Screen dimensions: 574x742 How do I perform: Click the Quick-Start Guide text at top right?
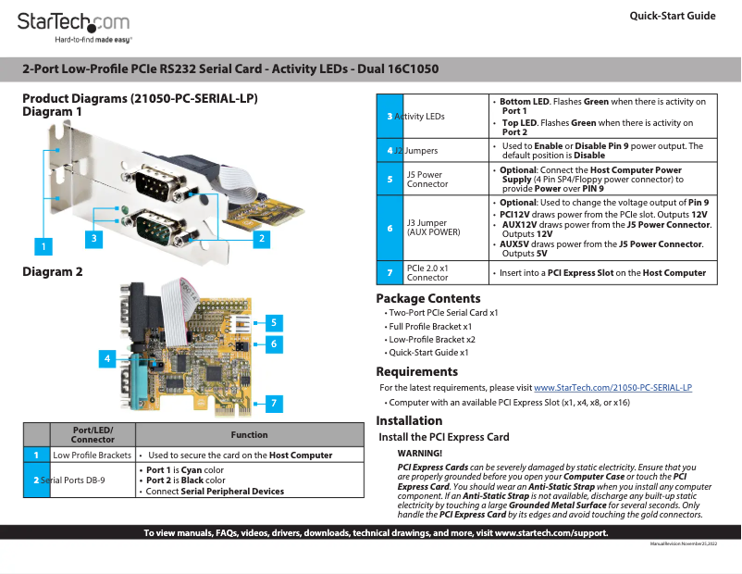pos(672,16)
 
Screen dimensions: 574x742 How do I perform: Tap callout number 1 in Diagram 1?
pos(41,246)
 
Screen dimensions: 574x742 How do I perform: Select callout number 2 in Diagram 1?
pos(262,238)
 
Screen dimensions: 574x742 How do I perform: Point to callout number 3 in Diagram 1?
pos(93,238)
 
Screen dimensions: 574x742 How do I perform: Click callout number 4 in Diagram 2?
pos(108,357)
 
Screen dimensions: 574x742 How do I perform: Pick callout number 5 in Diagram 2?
pos(274,322)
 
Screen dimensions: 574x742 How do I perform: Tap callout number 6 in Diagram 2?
pos(274,343)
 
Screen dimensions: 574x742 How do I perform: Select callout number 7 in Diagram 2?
pos(274,403)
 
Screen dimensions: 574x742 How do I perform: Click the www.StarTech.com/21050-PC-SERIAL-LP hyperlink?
pos(612,387)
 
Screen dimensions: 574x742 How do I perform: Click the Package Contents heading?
pos(427,298)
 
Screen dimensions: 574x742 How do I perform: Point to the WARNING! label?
pos(420,454)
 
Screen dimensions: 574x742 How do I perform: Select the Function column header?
pos(249,434)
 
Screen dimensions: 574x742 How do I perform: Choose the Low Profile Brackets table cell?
pos(92,455)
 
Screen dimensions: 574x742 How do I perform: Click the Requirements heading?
pos(416,371)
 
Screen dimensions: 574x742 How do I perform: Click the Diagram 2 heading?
pos(53,271)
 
